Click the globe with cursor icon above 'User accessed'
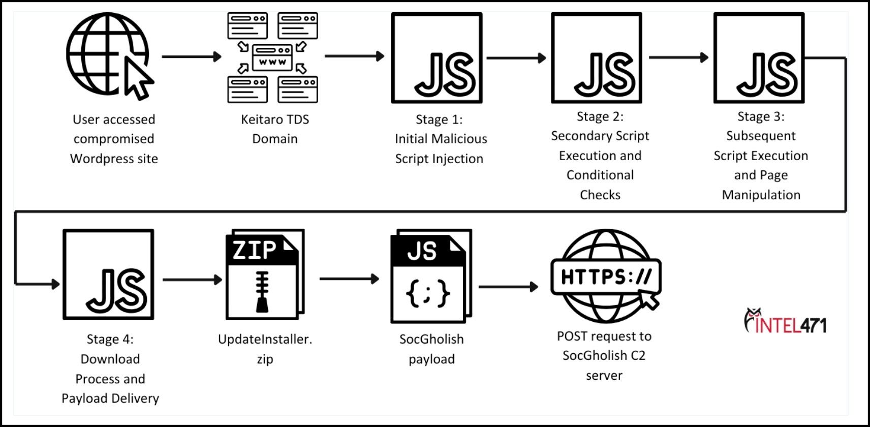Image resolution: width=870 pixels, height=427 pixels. pos(109,55)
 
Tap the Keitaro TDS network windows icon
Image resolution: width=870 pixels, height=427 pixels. pos(272,57)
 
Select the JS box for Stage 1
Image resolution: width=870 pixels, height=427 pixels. pos(437,58)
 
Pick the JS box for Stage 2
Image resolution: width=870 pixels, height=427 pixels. pos(597,58)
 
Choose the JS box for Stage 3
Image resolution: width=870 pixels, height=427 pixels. pos(759,58)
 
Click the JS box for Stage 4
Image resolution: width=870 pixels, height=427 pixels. pos(108,274)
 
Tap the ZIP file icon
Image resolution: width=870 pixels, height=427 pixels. pos(264,274)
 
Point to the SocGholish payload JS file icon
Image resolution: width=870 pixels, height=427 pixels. pos(430,276)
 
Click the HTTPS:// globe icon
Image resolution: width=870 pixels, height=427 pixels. pos(605,276)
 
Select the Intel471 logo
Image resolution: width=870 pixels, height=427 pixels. pos(785,321)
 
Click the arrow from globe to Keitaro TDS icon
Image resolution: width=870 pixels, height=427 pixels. pos(191,56)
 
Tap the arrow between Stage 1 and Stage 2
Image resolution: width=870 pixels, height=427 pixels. pos(515,58)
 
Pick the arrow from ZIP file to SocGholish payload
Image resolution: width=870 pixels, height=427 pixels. pos(349,279)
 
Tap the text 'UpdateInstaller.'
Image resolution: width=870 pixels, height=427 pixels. pos(265,339)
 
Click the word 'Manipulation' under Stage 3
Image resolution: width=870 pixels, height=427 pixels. pos(761,195)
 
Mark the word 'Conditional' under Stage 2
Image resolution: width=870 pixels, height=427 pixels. pos(600,175)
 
